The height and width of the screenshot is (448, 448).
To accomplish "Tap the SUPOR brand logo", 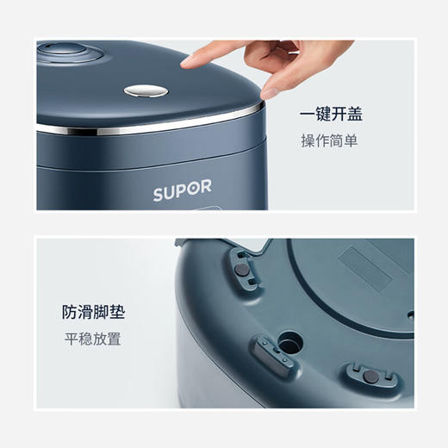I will [x=182, y=192].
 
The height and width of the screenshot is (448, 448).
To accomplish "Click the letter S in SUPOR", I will [x=159, y=193].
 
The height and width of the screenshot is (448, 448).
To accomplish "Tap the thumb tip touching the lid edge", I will [x=268, y=90].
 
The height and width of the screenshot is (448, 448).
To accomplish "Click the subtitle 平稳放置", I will [x=91, y=339].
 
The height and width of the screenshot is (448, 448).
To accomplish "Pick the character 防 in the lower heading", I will [x=69, y=312].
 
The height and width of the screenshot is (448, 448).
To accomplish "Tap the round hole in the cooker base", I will [x=290, y=341].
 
